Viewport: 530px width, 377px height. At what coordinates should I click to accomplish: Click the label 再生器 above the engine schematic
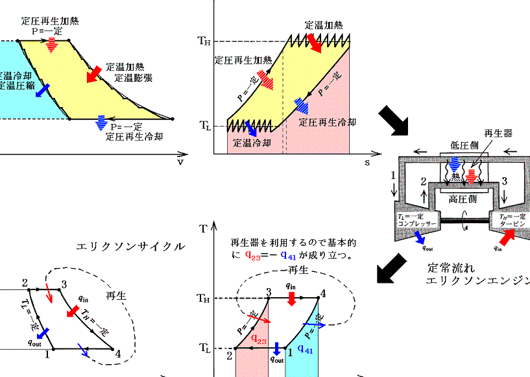(x=499, y=133)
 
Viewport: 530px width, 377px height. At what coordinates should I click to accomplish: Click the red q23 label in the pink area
(x=258, y=339)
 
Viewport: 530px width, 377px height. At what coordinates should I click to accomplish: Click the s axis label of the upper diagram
(x=367, y=162)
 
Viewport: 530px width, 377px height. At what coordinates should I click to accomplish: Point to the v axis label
(x=180, y=162)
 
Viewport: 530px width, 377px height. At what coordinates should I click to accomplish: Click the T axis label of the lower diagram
(x=204, y=228)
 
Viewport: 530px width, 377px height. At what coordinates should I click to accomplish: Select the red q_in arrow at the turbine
(x=507, y=234)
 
